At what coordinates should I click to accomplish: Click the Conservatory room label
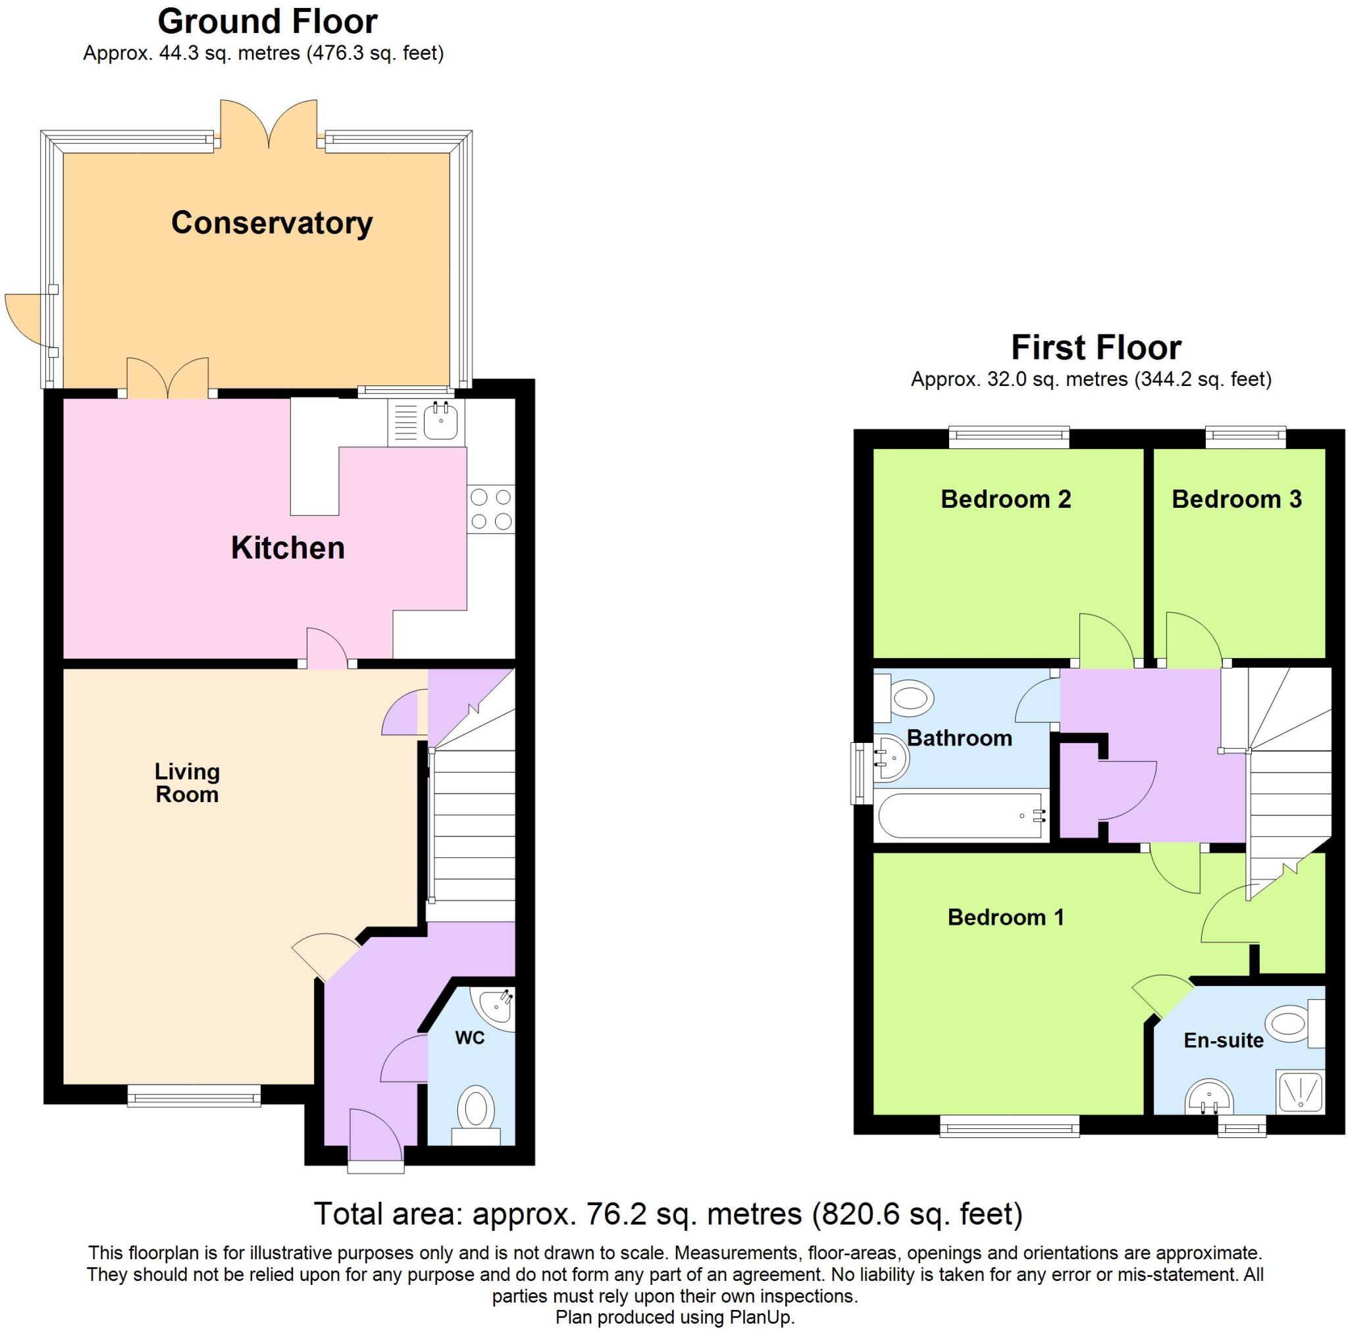click(x=271, y=223)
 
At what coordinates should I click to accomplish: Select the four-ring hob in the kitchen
click(x=490, y=509)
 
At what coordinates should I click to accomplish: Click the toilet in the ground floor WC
click(x=476, y=1111)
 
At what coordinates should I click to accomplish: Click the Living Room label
click(x=187, y=782)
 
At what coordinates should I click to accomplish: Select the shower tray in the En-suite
click(x=1301, y=1091)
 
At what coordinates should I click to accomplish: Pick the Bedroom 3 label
click(x=1236, y=499)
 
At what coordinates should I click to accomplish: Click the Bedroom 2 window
click(x=1009, y=437)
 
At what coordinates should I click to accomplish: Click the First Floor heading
click(x=1095, y=348)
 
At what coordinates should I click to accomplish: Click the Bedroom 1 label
click(x=1006, y=917)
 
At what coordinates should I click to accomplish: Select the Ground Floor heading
click(x=267, y=22)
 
